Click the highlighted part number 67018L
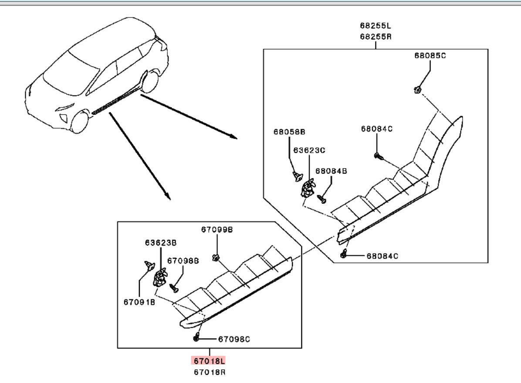click(210, 361)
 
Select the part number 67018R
click(210, 372)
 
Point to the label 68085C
click(430, 56)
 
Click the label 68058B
click(289, 131)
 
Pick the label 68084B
click(331, 171)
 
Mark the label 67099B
click(217, 229)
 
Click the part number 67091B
click(139, 301)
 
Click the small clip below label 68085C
click(417, 90)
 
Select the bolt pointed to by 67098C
click(197, 338)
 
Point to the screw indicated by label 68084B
click(323, 198)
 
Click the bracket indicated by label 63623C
click(308, 188)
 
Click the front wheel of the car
click(80, 122)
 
